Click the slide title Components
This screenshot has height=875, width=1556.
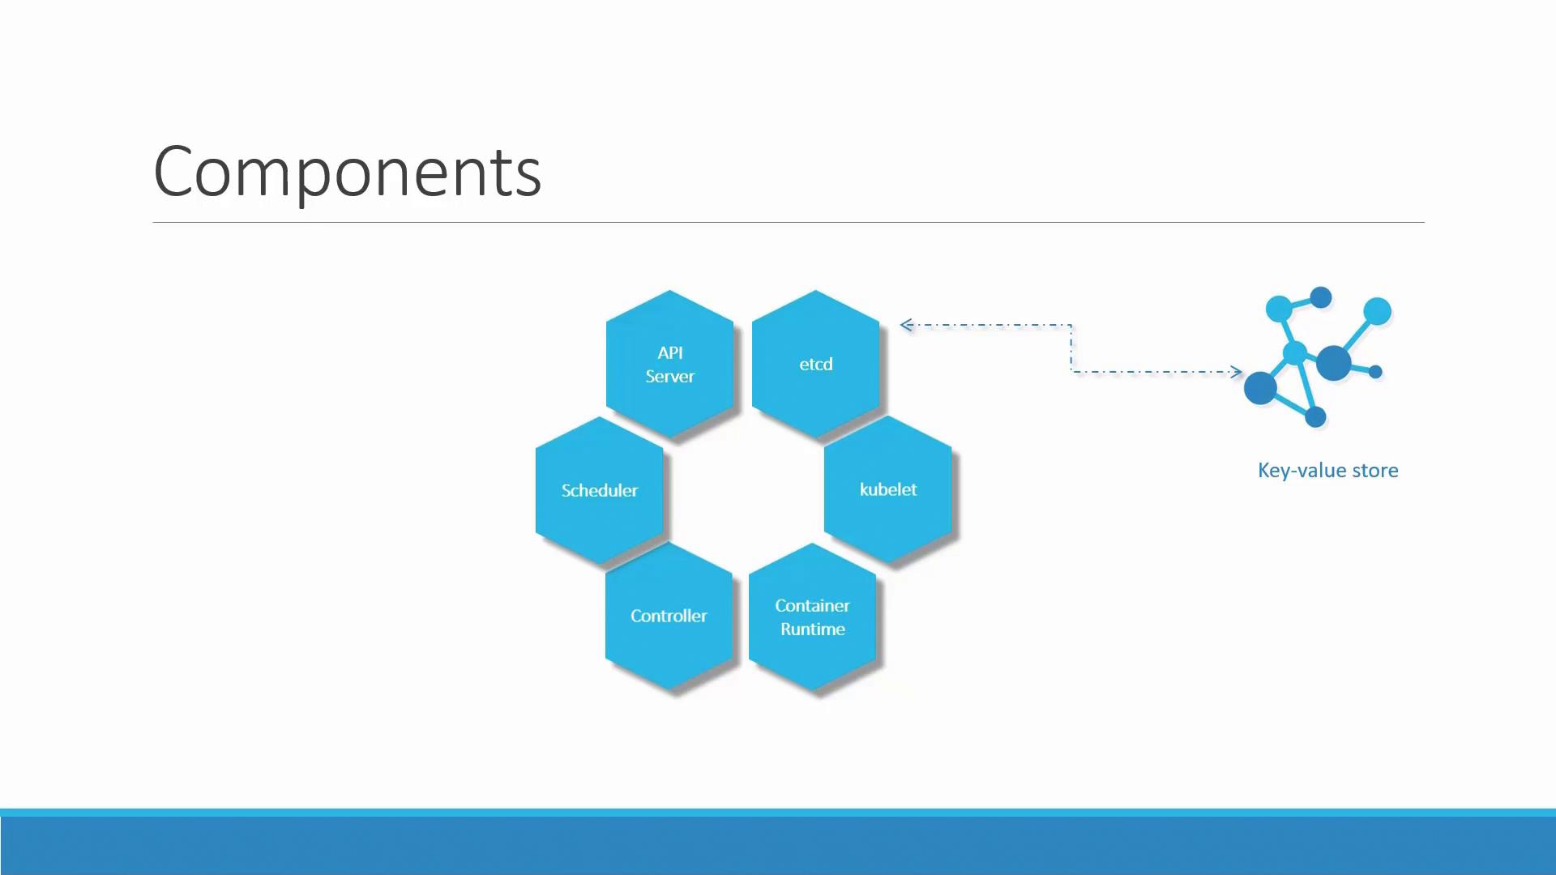(347, 172)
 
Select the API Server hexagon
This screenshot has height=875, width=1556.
(670, 364)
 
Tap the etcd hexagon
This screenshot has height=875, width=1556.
(815, 364)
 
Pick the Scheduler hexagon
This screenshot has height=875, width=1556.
(600, 490)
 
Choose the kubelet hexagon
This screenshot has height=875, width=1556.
(888, 489)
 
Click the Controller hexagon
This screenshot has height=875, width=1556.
(669, 616)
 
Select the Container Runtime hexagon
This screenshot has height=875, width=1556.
(812, 617)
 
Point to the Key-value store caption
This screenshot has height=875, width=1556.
(1327, 471)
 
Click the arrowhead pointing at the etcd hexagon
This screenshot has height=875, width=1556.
(907, 325)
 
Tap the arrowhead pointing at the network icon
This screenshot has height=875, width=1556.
(1236, 372)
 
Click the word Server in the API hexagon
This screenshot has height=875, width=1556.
(670, 376)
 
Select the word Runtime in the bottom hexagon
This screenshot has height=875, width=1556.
(813, 629)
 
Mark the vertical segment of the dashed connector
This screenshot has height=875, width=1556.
(1071, 348)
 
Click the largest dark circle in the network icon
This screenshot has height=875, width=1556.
(1333, 363)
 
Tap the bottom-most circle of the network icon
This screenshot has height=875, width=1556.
(1315, 417)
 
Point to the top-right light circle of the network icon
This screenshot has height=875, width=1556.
(1377, 311)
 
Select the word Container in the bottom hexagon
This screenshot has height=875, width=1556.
(812, 605)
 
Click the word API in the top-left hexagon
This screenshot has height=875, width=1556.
(670, 352)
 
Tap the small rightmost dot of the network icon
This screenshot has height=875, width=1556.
(1375, 372)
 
